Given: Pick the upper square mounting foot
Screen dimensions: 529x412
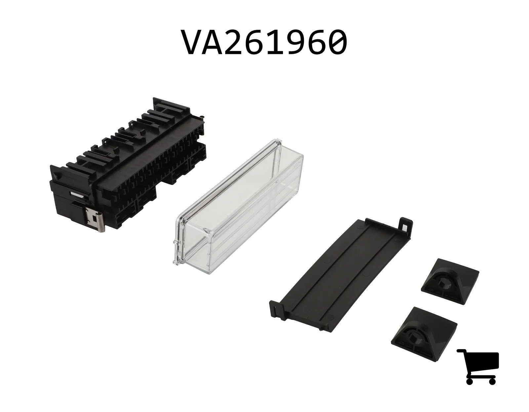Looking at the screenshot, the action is coord(450,281).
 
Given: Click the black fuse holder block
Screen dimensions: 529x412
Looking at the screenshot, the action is coord(128,165).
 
